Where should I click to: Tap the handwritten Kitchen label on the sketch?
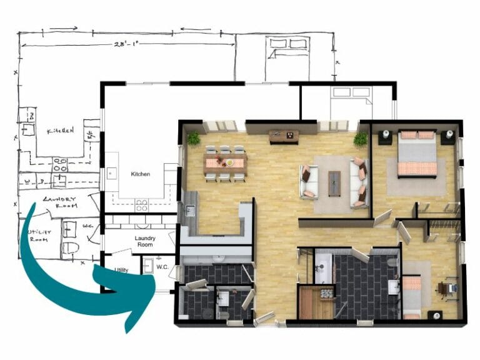click(60, 131)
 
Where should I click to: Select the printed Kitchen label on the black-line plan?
click(140, 174)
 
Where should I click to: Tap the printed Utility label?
click(121, 270)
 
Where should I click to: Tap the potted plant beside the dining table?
click(194, 138)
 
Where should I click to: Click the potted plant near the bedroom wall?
click(360, 139)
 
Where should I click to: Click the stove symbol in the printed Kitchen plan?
click(141, 203)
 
